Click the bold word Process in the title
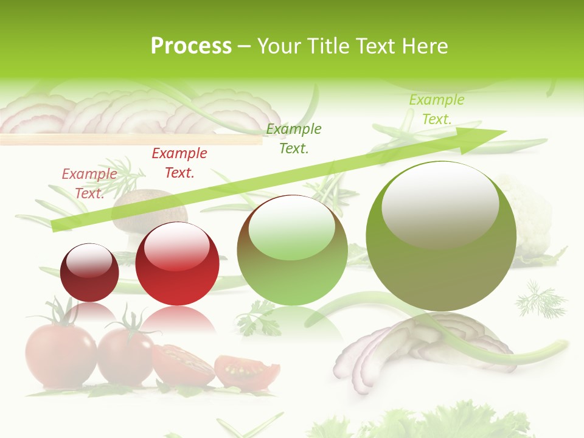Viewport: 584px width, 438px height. [x=191, y=46]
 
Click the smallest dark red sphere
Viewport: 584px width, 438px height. [x=90, y=273]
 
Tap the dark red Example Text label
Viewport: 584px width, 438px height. [x=179, y=163]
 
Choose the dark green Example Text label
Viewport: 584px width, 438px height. [x=294, y=138]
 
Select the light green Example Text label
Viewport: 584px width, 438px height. [x=436, y=109]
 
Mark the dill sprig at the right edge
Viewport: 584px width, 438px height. [x=540, y=299]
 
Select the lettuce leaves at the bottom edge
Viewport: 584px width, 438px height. [x=426, y=423]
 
